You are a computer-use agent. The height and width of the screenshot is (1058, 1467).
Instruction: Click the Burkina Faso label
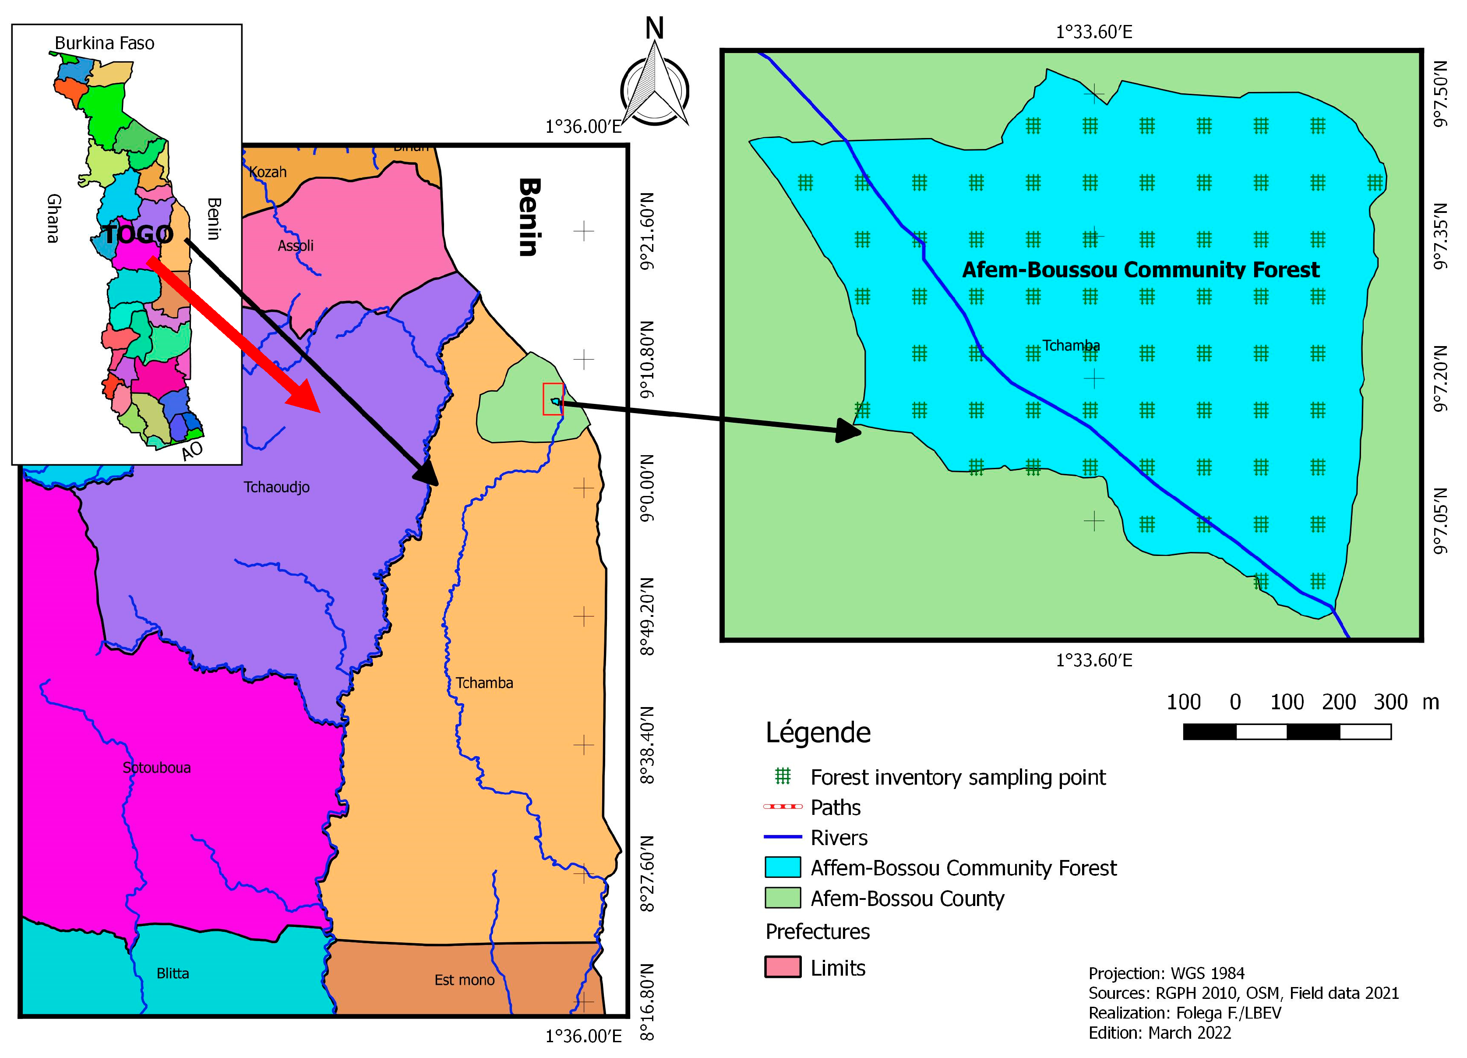104,43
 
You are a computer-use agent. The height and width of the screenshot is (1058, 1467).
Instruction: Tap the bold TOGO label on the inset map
138,234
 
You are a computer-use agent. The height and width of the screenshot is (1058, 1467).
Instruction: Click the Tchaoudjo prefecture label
276,487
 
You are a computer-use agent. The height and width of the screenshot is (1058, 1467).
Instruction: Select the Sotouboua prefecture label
156,768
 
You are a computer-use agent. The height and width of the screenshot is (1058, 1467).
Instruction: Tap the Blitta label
173,974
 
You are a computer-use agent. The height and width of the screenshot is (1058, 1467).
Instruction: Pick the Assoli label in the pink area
296,246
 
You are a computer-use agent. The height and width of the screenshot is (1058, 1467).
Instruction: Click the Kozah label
268,172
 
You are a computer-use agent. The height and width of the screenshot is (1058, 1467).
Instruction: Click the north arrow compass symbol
655,84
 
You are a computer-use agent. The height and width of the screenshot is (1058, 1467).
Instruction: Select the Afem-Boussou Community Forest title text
1140,270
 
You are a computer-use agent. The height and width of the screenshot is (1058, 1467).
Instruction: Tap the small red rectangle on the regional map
553,399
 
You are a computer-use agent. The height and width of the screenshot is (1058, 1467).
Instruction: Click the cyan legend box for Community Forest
783,868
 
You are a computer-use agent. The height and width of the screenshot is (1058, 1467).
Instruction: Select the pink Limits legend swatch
783,967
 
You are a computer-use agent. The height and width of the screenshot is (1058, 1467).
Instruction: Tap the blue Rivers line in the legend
783,837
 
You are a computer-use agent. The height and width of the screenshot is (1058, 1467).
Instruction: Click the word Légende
818,733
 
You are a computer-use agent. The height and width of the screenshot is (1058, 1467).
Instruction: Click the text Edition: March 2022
1159,1033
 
